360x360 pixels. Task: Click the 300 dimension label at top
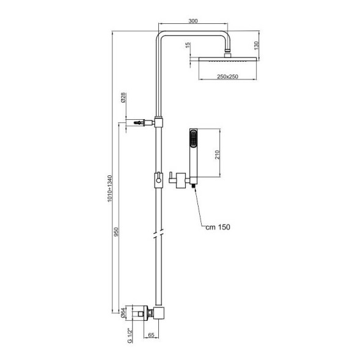[x=193, y=21]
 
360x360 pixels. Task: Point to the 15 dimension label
[x=188, y=46]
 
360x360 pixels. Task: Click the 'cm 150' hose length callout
[x=218, y=227]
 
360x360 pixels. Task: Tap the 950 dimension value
[x=117, y=233]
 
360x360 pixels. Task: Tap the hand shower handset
[x=194, y=153]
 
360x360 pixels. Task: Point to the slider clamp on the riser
[x=158, y=180]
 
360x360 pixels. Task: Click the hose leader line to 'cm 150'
[x=199, y=211]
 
